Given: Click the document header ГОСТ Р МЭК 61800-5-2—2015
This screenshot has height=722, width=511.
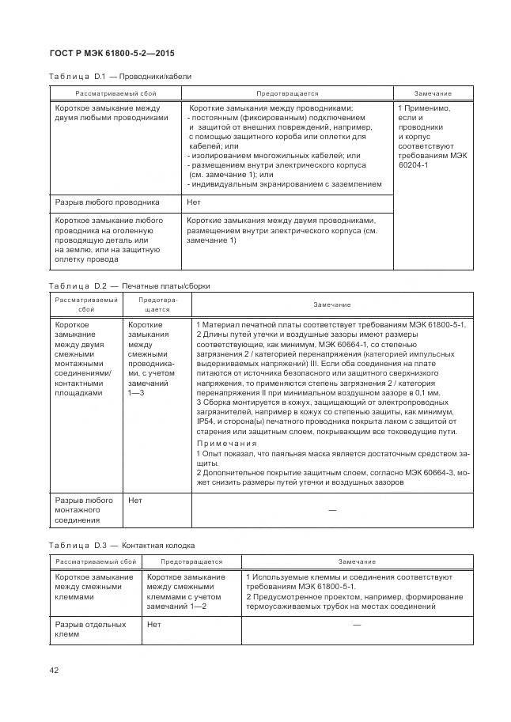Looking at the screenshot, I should coord(112,53).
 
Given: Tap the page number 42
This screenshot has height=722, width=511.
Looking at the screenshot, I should coord(54,670).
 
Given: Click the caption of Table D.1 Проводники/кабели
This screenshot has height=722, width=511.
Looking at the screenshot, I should coord(119,77).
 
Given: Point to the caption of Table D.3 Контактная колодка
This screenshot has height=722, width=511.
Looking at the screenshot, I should coord(121,546).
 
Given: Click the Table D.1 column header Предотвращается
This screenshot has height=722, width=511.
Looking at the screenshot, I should coord(287,93).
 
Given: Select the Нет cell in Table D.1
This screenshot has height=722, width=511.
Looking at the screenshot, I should coord(193,202).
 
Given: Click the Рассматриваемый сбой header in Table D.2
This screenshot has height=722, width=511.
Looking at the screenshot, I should coord(86,304).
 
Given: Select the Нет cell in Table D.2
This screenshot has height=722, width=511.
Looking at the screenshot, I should coord(135,501).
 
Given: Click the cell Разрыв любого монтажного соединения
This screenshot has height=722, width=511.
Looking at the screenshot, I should coord(84,510).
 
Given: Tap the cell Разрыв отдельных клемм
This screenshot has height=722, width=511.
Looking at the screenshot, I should coord(90,629).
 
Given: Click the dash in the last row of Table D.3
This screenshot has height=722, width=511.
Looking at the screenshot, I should coord(357,626).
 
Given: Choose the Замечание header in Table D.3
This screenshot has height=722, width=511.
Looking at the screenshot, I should coord(357,561).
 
